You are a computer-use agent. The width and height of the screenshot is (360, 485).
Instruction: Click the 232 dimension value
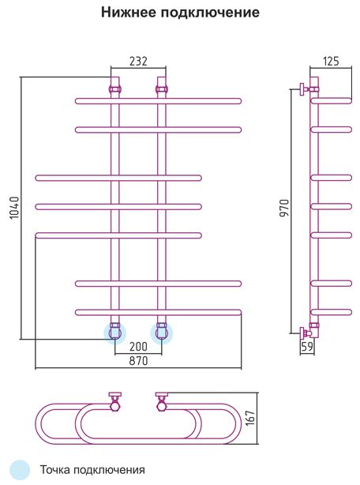tap(138, 62)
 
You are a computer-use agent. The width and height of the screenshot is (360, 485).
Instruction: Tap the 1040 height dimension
tap(14, 208)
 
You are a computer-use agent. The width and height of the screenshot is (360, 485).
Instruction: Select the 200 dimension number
tap(138, 347)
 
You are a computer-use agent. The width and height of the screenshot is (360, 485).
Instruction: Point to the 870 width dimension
tap(138, 361)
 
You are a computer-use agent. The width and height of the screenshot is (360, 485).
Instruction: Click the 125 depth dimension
tap(331, 62)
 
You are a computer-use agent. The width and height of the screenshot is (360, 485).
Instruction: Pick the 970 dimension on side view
tap(284, 208)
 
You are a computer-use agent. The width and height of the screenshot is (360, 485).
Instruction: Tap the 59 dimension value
tap(307, 347)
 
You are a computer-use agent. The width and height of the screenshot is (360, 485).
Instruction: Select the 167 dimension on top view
tap(250, 418)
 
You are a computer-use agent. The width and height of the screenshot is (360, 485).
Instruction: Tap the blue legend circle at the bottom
tap(20, 470)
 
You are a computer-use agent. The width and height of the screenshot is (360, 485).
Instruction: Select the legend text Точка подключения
tap(92, 470)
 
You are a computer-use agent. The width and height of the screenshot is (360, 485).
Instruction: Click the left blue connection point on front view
tap(115, 333)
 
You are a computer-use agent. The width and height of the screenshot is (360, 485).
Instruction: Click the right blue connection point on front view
tap(162, 333)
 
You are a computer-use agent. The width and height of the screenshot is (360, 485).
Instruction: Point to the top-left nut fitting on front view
tap(115, 89)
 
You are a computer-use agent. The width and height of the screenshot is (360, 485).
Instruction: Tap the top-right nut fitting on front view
tap(162, 89)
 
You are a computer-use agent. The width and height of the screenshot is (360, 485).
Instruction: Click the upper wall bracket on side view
tap(305, 89)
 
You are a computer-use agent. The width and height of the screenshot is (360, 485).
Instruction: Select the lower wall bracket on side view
tap(305, 333)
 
